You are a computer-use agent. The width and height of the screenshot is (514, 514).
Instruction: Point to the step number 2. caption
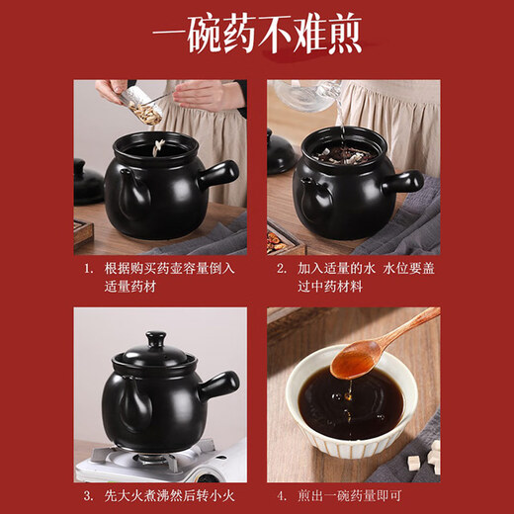282,268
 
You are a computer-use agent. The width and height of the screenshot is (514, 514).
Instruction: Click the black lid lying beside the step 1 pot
89,183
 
